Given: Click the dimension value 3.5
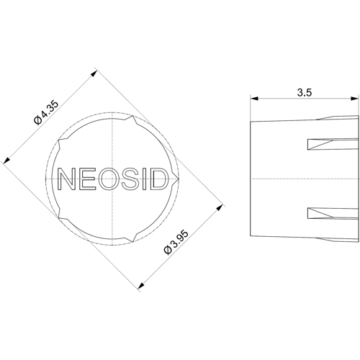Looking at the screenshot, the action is (305, 92).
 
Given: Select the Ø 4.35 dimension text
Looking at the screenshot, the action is (46, 112).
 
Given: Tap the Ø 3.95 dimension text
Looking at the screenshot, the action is (176, 242).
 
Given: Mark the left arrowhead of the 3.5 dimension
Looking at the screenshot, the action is (254, 99).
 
